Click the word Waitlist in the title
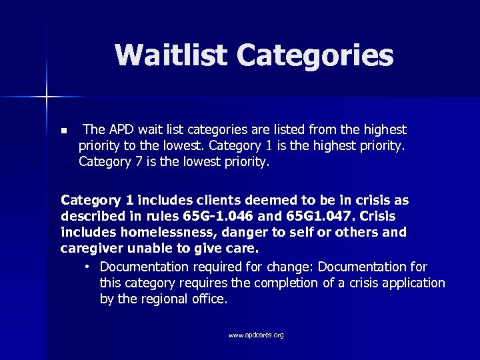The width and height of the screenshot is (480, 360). pos(171,55)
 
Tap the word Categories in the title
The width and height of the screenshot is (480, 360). pos(315,57)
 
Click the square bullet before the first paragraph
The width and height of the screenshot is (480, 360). pos(63,129)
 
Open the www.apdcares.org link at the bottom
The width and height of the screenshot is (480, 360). pos(256,335)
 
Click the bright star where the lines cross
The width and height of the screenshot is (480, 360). pos(47,97)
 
